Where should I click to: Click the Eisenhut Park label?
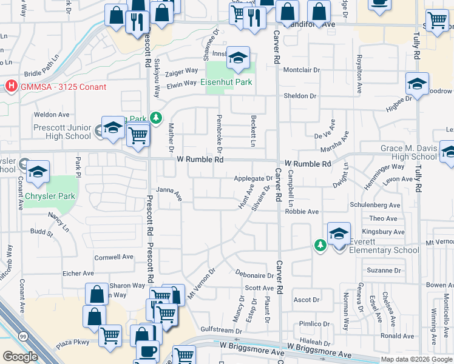pos(226,83)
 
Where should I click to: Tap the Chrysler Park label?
pos(50,197)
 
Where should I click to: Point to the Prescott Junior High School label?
pos(54,132)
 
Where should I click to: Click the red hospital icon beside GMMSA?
pos(10,87)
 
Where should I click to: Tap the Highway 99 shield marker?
pos(22,336)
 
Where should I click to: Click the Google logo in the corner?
pos(20,356)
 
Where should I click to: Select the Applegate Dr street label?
pos(253,178)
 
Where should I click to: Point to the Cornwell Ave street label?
pos(113,257)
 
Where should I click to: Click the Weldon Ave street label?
pos(52,114)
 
